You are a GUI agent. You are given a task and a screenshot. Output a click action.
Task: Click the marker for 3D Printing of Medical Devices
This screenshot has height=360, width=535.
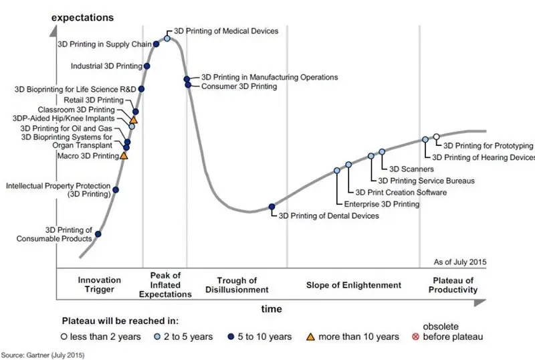[x=167, y=38]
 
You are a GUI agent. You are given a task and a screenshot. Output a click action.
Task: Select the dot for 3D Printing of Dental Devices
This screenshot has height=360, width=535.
[x=272, y=207]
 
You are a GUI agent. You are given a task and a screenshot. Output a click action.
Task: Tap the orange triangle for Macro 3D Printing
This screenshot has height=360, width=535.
[x=123, y=156]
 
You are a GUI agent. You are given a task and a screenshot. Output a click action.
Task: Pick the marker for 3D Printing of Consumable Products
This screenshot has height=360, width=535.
[x=98, y=234]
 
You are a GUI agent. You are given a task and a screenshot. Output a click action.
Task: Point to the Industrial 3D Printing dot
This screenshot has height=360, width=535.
[x=146, y=66]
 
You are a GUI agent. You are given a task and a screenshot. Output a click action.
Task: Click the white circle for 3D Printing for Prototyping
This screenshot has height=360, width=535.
[x=436, y=137]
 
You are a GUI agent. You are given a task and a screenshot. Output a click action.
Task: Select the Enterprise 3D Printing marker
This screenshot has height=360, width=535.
[x=337, y=171]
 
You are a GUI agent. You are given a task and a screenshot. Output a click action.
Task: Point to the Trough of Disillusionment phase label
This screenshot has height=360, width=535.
[x=237, y=285]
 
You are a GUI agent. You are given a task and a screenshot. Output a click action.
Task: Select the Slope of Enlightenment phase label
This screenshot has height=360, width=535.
[x=354, y=285]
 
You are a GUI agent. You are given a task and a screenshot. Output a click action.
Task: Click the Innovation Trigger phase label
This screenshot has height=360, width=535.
[x=100, y=285]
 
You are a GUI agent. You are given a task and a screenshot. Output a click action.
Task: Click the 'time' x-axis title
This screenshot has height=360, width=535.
[x=271, y=310]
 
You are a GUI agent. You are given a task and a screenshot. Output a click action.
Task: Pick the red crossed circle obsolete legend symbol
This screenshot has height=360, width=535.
[x=415, y=337]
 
